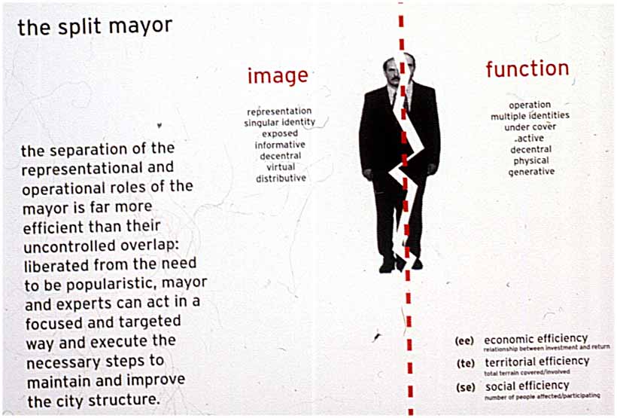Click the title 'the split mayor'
pyautogui.click(x=95, y=27)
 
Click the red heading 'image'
pyautogui.click(x=278, y=75)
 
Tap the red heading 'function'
pyautogui.click(x=527, y=69)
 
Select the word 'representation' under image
pyautogui.click(x=279, y=111)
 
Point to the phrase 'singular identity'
pyautogui.click(x=280, y=123)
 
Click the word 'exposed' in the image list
pyautogui.click(x=280, y=133)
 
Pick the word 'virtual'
pyautogui.click(x=281, y=166)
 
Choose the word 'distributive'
pyautogui.click(x=281, y=178)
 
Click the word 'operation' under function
pyautogui.click(x=530, y=105)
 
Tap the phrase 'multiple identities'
pyautogui.click(x=530, y=116)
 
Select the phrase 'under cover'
pyautogui.click(x=530, y=127)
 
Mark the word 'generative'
pyautogui.click(x=531, y=172)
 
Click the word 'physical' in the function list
pyautogui.click(x=530, y=160)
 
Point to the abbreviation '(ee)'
pyautogui.click(x=464, y=340)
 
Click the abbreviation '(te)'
pyautogui.click(x=466, y=363)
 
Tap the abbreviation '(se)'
pyautogui.click(x=466, y=387)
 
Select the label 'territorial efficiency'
pyautogui.click(x=537, y=362)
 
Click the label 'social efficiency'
pyautogui.click(x=527, y=386)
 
